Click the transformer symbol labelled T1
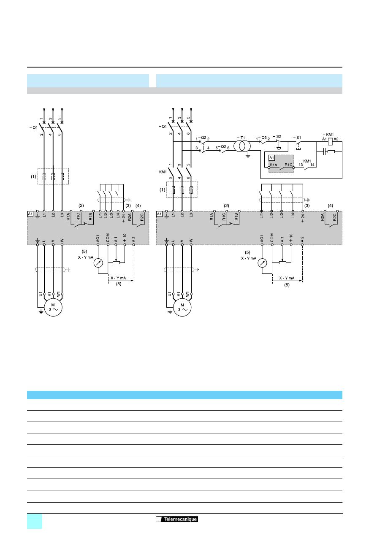point(242,146)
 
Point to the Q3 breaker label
point(264,138)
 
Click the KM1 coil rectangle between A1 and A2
point(331,141)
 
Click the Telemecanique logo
point(177,519)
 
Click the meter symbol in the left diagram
point(98,263)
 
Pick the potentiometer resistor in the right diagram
point(282,262)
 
